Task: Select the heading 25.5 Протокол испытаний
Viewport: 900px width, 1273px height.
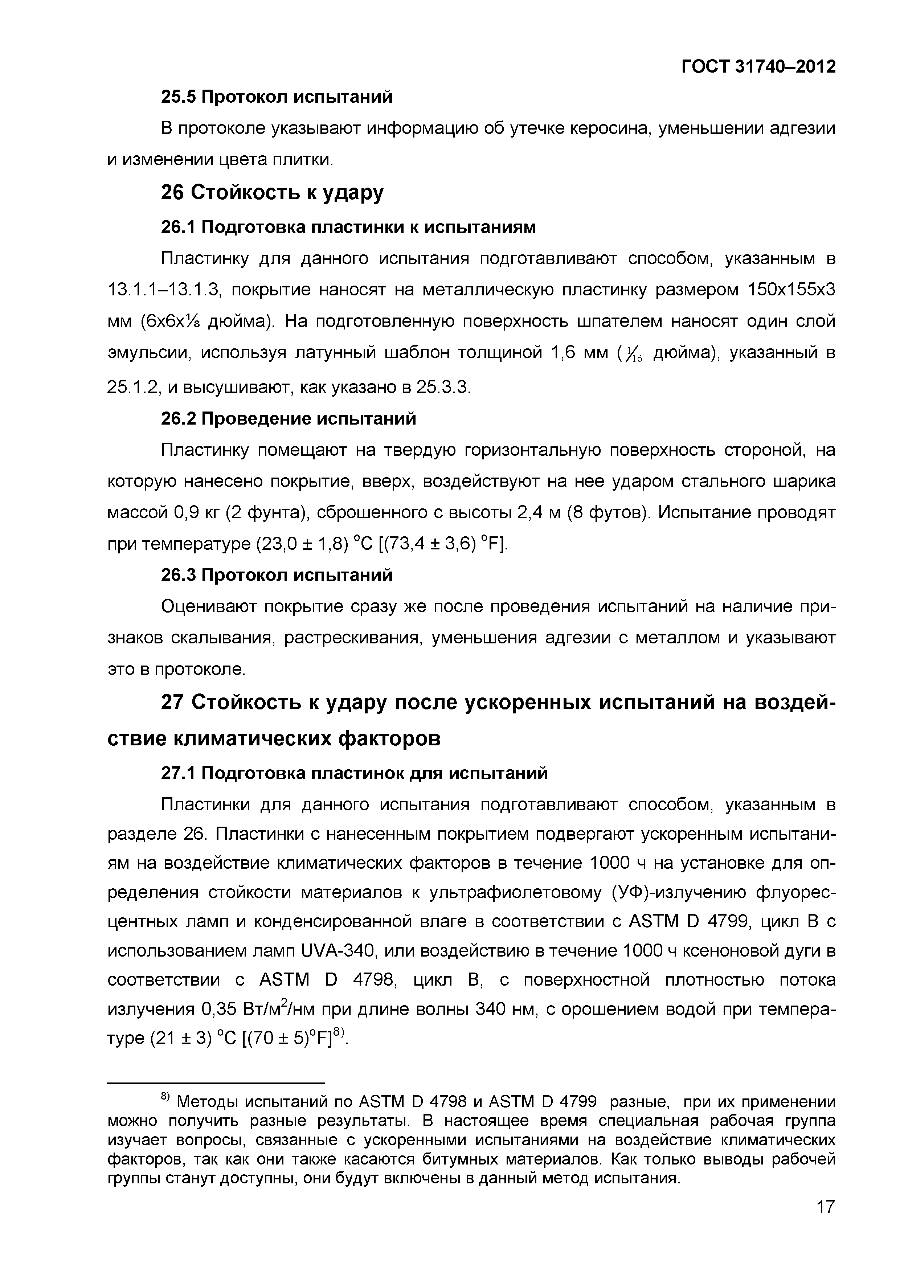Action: [x=277, y=97]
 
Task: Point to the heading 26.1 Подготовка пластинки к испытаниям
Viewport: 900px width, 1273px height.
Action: [x=348, y=227]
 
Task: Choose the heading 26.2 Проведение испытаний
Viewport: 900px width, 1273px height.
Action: [x=289, y=419]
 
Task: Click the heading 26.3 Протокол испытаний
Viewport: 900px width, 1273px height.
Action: [x=277, y=575]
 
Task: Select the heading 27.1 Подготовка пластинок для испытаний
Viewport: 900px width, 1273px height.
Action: [x=354, y=773]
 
